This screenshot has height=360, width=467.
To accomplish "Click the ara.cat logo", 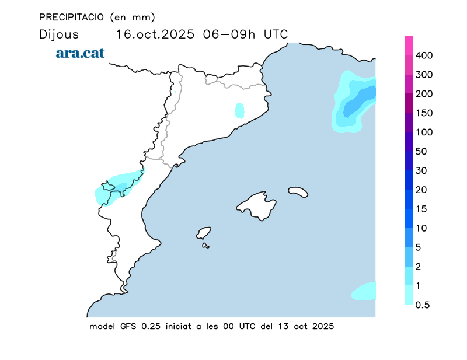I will click(80, 53).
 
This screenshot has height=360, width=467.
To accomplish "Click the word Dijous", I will click(58, 34).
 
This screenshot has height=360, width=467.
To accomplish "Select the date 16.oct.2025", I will click(155, 34).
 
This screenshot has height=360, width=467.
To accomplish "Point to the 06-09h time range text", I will click(229, 34).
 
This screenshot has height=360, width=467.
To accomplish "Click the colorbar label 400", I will click(424, 55).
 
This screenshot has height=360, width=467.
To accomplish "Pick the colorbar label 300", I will click(424, 75).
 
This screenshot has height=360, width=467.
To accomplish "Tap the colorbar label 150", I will click(424, 113).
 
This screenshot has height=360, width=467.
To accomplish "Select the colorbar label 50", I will click(422, 152).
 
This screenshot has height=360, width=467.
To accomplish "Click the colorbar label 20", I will click(422, 190).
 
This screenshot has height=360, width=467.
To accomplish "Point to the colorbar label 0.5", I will click(423, 305).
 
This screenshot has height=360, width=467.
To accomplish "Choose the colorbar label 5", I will click(419, 247).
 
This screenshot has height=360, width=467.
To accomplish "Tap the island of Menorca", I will click(298, 191).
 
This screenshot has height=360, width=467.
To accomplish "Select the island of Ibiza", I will click(204, 233).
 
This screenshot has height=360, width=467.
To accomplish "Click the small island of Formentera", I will click(205, 246).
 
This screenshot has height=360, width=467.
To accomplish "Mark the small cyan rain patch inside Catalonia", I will click(239, 110).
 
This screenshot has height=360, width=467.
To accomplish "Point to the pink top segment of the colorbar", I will click(409, 45).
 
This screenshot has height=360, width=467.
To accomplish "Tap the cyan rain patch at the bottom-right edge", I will click(364, 291).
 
